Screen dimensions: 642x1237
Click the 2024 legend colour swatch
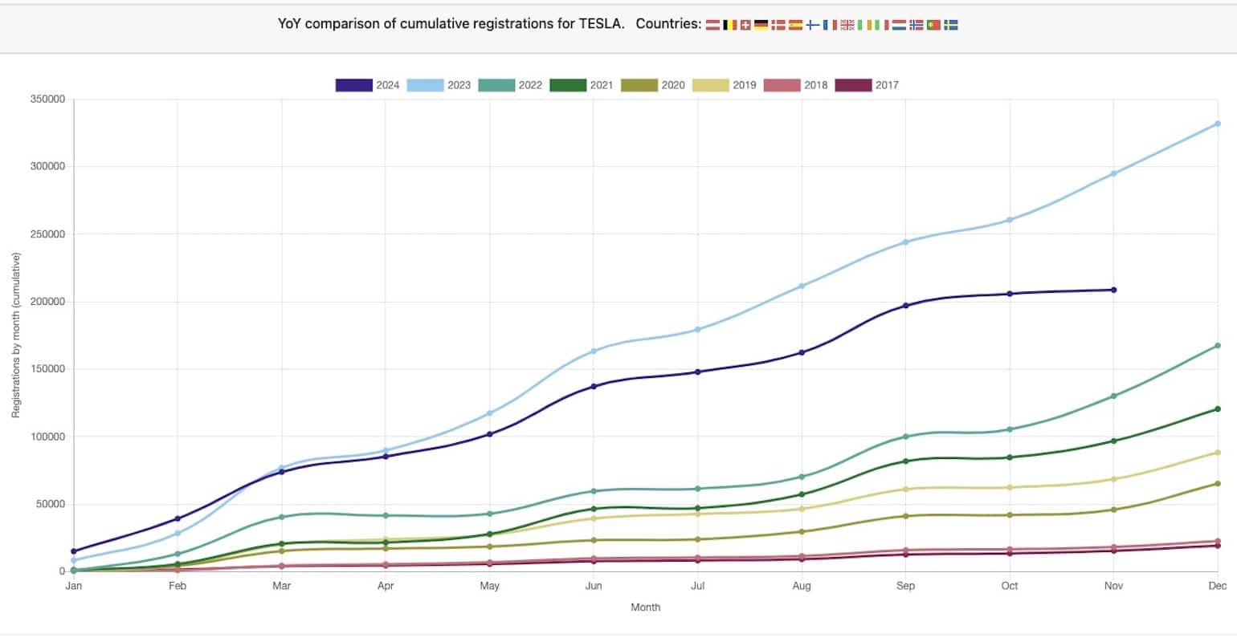(354, 85)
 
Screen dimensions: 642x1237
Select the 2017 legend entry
(868, 85)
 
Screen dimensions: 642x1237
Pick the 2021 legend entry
(582, 85)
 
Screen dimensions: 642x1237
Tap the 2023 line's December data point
(1218, 124)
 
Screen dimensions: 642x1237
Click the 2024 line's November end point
(1113, 290)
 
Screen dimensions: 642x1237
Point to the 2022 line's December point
(1218, 346)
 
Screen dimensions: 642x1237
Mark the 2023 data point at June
(594, 351)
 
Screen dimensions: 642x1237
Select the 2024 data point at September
(905, 306)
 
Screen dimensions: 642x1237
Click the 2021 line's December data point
(1218, 409)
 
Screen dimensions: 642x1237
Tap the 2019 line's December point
(1218, 453)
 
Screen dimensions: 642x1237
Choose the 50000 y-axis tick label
(51, 504)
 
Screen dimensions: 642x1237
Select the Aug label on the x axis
(802, 586)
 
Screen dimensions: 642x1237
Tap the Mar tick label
(282, 586)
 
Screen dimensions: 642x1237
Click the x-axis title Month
(645, 607)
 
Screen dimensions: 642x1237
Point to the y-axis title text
(15, 335)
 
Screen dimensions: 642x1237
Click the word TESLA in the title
(601, 24)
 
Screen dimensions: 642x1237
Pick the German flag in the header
(761, 25)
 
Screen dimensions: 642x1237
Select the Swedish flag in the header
(950, 25)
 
